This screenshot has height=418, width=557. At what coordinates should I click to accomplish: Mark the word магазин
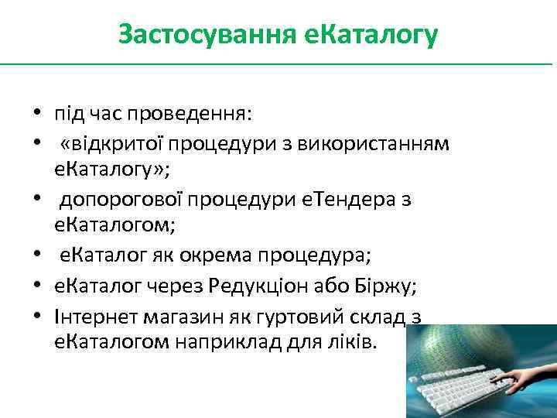pyautogui.click(x=168, y=314)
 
